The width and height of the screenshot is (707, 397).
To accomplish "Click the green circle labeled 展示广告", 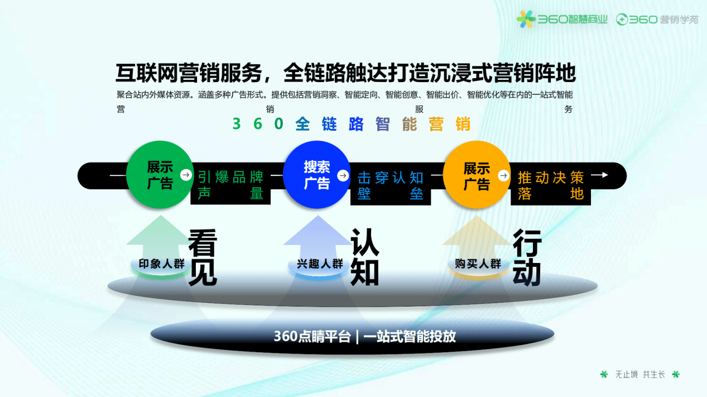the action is pyautogui.click(x=160, y=175).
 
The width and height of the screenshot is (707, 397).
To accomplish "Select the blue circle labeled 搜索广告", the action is pyautogui.click(x=316, y=175).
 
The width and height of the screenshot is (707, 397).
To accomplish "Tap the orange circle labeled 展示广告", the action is pyautogui.click(x=477, y=175).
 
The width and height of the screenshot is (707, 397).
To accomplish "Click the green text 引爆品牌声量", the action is pyautogui.click(x=230, y=185).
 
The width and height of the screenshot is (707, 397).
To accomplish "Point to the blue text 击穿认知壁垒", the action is pyautogui.click(x=391, y=186).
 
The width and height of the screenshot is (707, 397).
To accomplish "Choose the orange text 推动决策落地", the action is pyautogui.click(x=551, y=186).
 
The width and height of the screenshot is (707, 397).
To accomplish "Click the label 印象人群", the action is pyautogui.click(x=161, y=264).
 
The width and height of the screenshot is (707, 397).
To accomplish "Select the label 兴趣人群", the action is pyautogui.click(x=320, y=264).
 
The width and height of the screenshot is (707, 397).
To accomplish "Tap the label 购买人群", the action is pyautogui.click(x=478, y=264).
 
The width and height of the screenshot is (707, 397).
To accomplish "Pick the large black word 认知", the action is pyautogui.click(x=365, y=257).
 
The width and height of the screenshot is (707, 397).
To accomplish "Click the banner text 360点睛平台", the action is pyautogui.click(x=312, y=336).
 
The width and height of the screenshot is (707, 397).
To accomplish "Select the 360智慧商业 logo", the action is pyautogui.click(x=562, y=20).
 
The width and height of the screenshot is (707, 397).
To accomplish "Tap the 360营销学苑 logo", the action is pyautogui.click(x=657, y=20).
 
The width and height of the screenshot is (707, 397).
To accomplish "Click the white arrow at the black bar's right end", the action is pyautogui.click(x=599, y=175).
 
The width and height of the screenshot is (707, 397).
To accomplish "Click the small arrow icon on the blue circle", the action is pyautogui.click(x=343, y=175).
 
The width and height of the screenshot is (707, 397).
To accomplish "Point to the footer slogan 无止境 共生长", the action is pyautogui.click(x=640, y=375).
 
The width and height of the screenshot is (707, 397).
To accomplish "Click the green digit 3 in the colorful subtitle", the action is pyautogui.click(x=237, y=124).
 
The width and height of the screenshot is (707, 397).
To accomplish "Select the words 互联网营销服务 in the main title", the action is pyautogui.click(x=189, y=73).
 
